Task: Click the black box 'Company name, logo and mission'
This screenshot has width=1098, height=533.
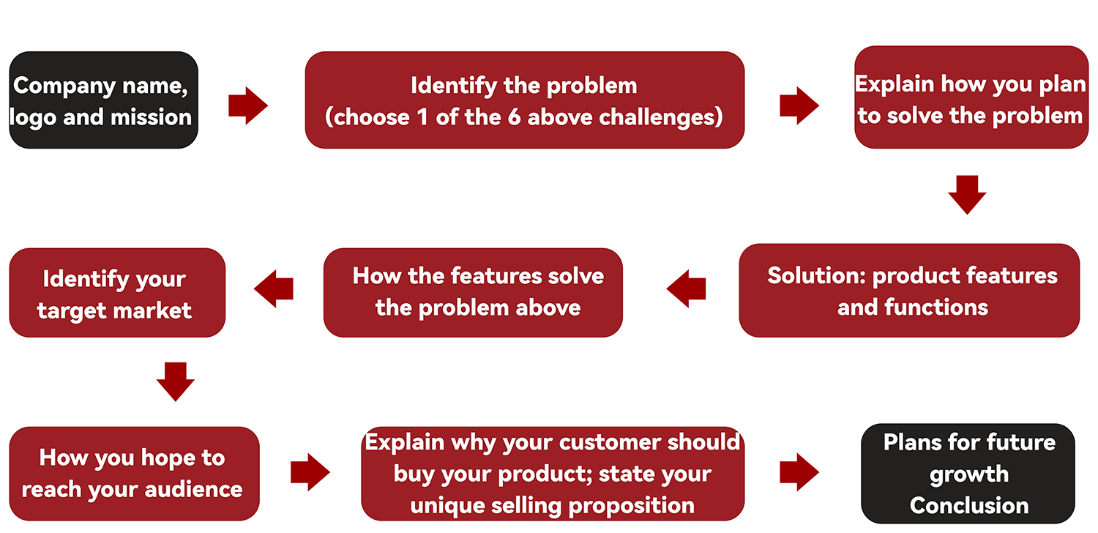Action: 103,100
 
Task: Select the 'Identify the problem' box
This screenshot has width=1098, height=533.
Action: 524,100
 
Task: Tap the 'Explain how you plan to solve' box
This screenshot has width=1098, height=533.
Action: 971,98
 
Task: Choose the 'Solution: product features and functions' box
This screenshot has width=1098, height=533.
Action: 909,291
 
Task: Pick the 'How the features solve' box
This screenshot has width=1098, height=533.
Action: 473,292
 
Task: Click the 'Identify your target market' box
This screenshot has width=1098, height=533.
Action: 117,293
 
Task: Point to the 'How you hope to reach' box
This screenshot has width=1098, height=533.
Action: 134,474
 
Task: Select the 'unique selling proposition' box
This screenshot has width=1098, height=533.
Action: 553,474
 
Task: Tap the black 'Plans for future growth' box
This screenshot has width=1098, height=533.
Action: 968,474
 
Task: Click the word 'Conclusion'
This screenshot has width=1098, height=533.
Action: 969,505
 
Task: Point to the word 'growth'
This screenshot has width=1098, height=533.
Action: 968,474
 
